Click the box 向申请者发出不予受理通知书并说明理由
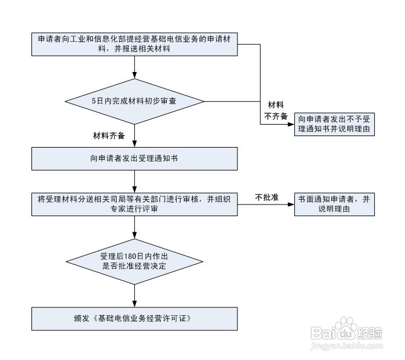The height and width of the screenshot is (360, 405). (x=334, y=124)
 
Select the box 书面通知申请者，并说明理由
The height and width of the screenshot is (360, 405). (x=334, y=205)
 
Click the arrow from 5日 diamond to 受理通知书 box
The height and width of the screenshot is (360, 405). (x=134, y=136)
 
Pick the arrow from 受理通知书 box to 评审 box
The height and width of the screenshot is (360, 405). (x=134, y=182)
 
